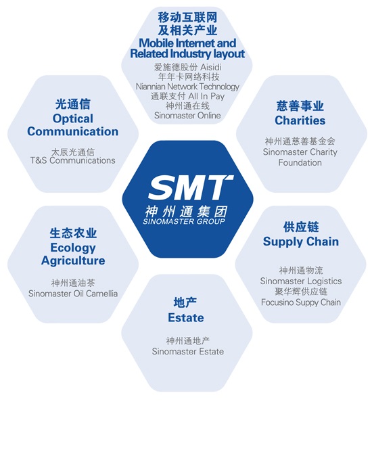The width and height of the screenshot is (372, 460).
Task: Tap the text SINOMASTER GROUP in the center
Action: pyautogui.click(x=184, y=221)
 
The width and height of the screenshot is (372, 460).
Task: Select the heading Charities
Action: pyautogui.click(x=300, y=120)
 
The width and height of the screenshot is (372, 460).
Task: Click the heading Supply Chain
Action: pyautogui.click(x=301, y=241)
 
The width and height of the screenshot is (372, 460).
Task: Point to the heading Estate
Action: pyautogui.click(x=186, y=318)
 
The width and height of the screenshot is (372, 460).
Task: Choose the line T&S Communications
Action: pyautogui.click(x=73, y=160)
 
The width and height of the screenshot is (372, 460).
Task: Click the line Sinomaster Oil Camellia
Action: pyautogui.click(x=73, y=294)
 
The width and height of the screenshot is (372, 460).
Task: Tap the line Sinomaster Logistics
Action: pyautogui.click(x=301, y=281)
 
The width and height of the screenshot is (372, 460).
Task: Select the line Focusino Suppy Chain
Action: pyautogui.click(x=301, y=302)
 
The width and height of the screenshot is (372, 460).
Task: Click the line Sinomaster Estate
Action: pyautogui.click(x=188, y=352)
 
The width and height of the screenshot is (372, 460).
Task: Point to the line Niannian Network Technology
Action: pyautogui.click(x=187, y=87)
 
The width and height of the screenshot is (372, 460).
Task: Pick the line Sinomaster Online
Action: pyautogui.click(x=187, y=115)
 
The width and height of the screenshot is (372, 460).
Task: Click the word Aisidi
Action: pyautogui.click(x=210, y=67)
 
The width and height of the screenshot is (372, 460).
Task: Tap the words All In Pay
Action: pyautogui.click(x=206, y=96)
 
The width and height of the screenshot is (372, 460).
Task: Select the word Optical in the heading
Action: pyautogui.click(x=73, y=119)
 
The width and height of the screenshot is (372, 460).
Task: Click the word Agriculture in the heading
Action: pyautogui.click(x=73, y=260)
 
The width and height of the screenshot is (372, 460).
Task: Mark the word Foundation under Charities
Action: pyautogui.click(x=300, y=162)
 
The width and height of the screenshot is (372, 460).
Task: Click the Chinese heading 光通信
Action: pyautogui.click(x=73, y=104)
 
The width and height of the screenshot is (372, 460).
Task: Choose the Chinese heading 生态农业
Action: pyautogui.click(x=73, y=233)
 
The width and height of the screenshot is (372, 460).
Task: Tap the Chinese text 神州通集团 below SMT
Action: pyautogui.click(x=186, y=211)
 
